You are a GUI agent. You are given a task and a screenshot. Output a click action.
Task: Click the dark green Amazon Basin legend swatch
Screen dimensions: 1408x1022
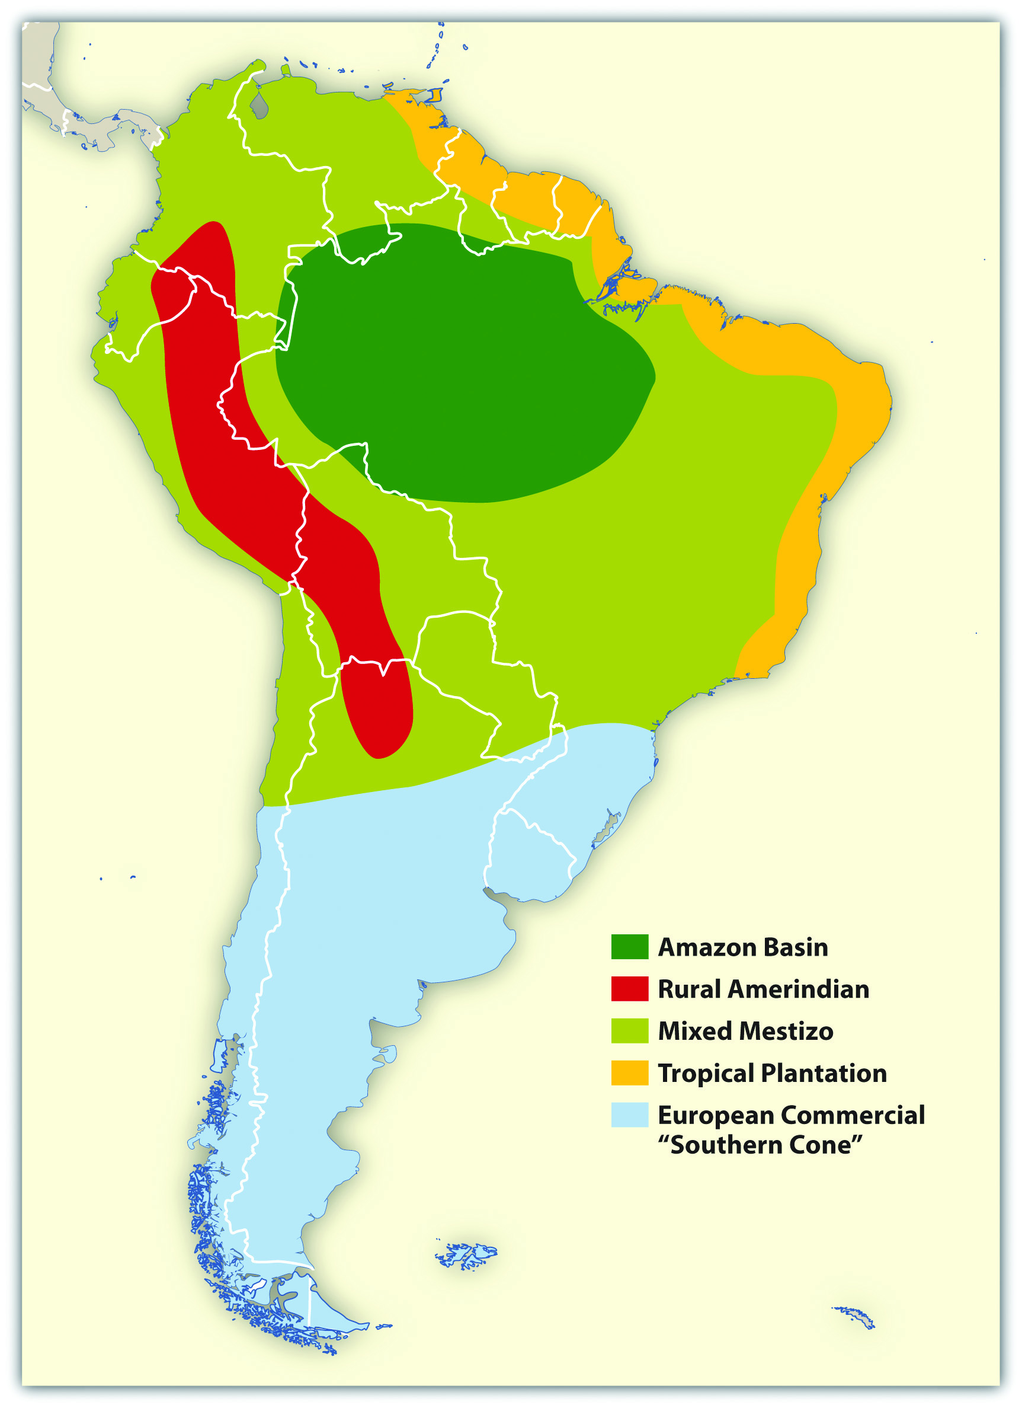[x=629, y=947]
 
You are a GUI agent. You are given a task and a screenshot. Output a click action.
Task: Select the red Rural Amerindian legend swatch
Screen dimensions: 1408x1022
[x=629, y=989]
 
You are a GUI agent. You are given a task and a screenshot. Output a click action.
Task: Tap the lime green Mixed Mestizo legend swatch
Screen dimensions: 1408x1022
[x=629, y=1030]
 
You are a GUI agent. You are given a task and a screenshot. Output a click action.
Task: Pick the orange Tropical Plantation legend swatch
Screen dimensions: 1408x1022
[x=629, y=1073]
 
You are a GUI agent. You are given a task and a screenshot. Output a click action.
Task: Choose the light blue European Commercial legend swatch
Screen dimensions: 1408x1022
[x=629, y=1115]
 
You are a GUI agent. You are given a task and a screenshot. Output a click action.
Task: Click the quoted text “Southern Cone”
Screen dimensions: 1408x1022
[x=760, y=1145]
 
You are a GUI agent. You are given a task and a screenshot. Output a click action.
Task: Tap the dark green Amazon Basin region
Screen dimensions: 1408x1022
[x=459, y=360]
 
